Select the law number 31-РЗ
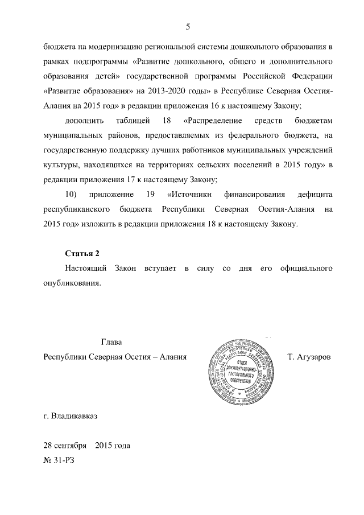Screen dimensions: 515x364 click(64, 459)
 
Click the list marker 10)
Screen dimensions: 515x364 click(71, 195)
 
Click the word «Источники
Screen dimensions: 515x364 click(191, 195)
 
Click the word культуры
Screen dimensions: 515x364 click(60, 165)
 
